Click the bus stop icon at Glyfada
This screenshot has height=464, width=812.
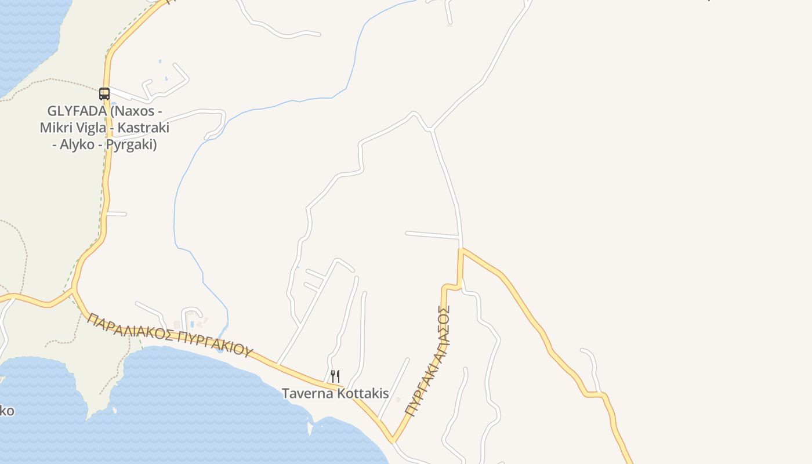point(104,93)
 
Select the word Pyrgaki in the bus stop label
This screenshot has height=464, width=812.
point(134,144)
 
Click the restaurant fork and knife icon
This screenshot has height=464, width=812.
point(335,376)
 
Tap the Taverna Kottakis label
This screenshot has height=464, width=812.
point(335,393)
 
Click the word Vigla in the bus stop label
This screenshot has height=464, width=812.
point(96,128)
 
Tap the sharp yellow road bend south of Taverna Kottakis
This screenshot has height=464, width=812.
point(393,440)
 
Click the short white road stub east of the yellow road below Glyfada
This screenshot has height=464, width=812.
point(116,214)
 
